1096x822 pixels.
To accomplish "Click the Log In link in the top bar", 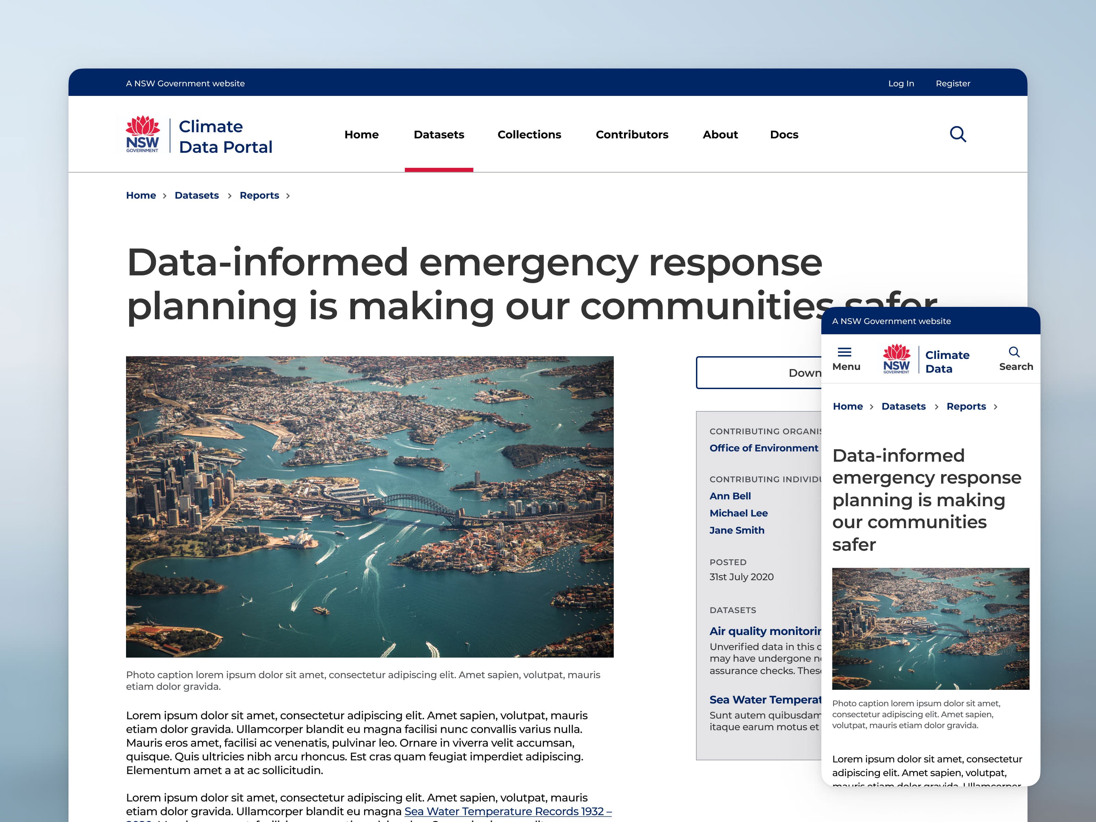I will point(901,83).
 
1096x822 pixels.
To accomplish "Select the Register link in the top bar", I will point(952,83).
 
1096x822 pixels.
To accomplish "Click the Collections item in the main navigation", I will point(529,134).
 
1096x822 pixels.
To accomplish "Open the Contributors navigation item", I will point(631,134).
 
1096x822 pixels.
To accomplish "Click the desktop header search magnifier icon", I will point(957,134).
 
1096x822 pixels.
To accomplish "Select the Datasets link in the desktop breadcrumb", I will point(196,195).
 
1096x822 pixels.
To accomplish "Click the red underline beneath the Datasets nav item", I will point(438,170).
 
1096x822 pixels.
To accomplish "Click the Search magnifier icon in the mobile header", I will point(1014,352).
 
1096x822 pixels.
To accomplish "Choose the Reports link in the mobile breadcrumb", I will point(966,406).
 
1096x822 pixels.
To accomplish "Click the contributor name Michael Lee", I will point(738,513).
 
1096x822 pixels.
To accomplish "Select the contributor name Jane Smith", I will point(736,530).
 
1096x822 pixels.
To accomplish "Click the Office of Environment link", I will point(763,448).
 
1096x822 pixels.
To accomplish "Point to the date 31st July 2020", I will point(741,577).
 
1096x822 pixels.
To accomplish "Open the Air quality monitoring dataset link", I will point(764,631).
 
